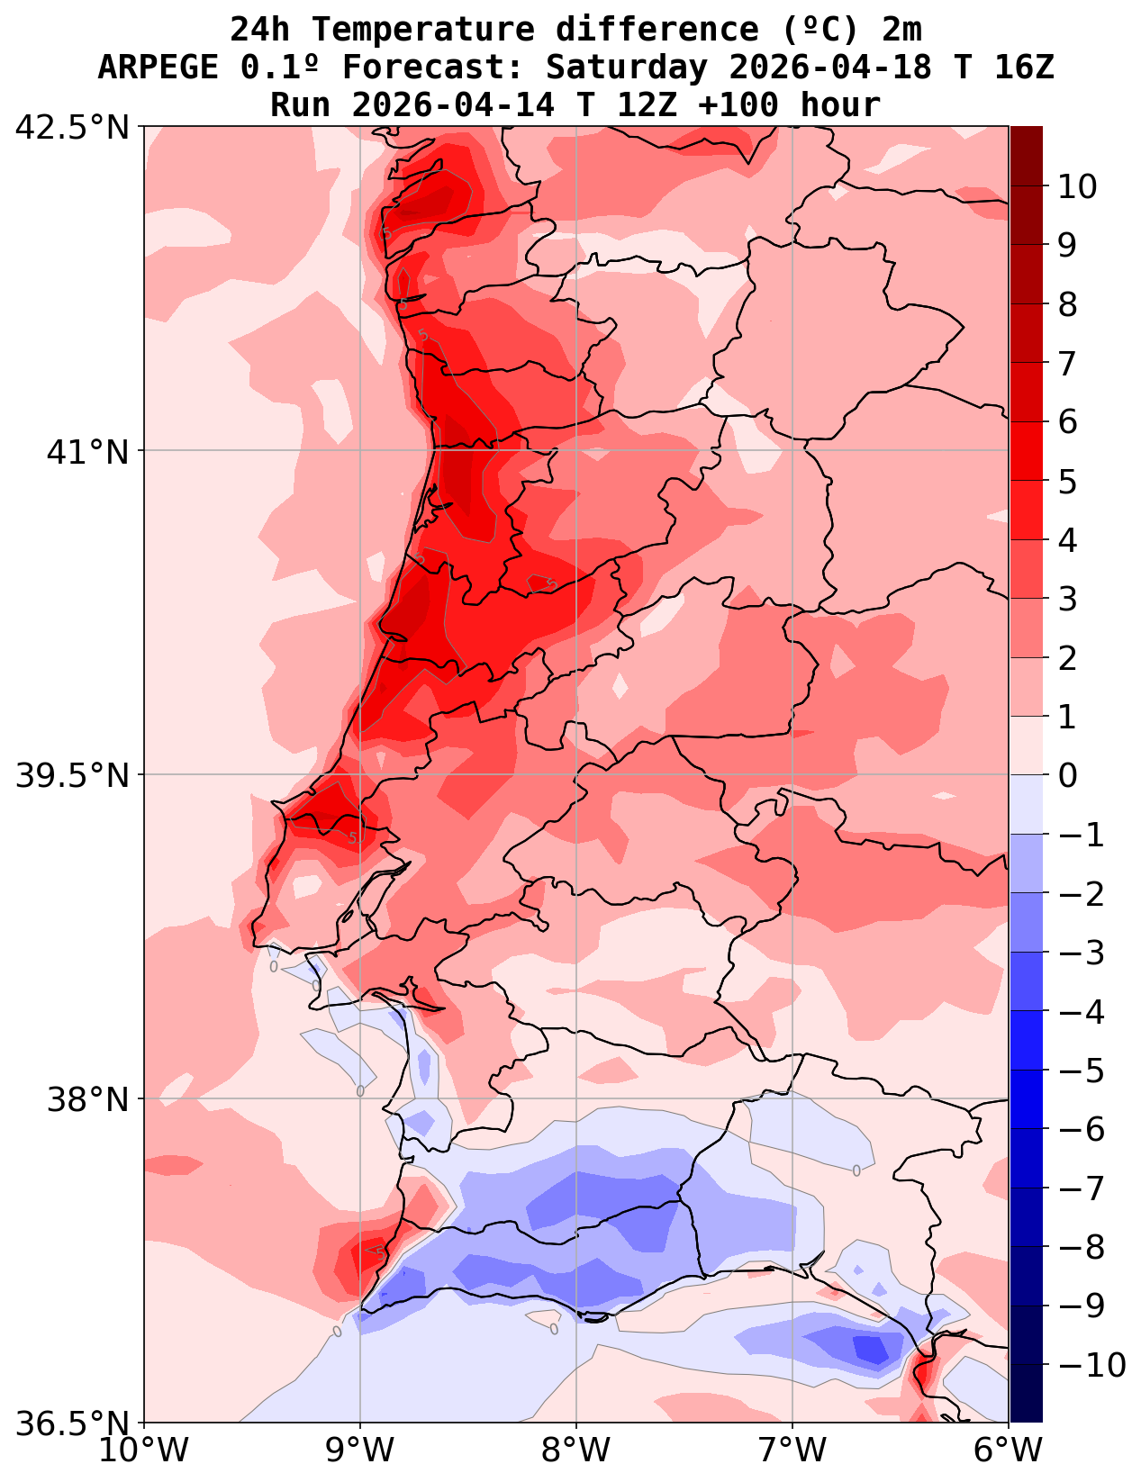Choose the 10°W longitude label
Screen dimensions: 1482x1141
point(144,1450)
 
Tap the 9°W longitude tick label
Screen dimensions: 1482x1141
point(360,1450)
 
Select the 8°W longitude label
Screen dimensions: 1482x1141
point(576,1450)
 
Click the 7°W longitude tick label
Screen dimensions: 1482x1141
point(792,1450)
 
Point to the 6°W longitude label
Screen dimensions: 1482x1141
point(1009,1450)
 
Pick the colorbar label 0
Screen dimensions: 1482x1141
point(1067,775)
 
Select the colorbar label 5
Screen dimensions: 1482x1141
point(1067,481)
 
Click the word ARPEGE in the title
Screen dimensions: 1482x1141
point(158,68)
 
